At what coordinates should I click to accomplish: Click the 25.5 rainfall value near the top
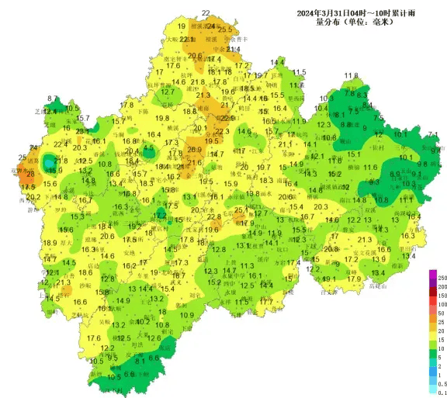click(225, 29)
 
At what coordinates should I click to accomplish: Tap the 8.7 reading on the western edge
click(53, 99)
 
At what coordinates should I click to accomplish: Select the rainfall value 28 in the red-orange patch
click(30, 175)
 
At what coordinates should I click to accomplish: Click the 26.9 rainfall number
click(194, 150)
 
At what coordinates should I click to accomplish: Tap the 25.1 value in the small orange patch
click(241, 209)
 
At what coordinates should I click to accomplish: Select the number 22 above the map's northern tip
click(206, 13)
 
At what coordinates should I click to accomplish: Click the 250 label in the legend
click(443, 277)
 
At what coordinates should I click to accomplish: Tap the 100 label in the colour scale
click(443, 303)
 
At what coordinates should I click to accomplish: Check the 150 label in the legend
click(443, 295)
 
